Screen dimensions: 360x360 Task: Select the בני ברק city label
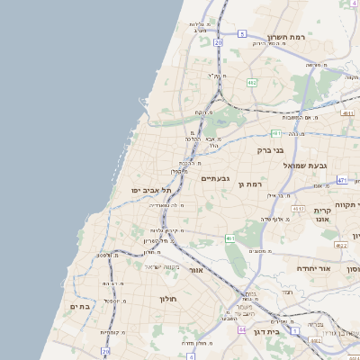coord(270,150)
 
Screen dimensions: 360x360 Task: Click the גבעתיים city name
coord(216,178)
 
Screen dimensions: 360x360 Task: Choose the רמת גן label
coord(252,184)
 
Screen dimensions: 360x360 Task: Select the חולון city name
coord(169,298)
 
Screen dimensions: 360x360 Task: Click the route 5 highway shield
coord(242,33)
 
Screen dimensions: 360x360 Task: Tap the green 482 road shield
coord(252,83)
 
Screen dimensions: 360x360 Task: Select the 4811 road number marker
coord(347,113)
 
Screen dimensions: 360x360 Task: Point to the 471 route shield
coord(342,180)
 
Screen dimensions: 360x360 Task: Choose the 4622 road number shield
coord(340,245)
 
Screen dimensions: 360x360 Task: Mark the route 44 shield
coord(241,330)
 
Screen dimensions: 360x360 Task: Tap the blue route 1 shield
coord(315,341)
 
